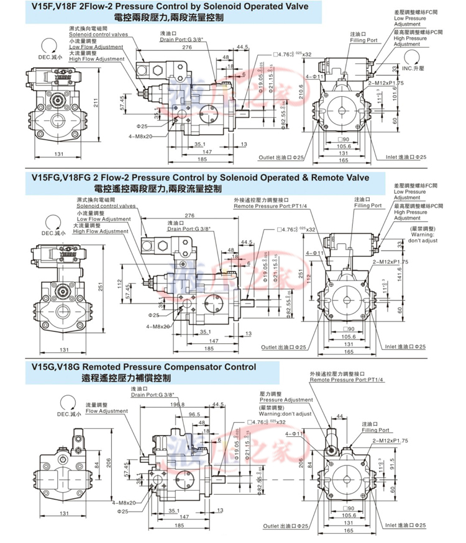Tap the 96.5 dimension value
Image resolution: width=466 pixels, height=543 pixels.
(x=194, y=414)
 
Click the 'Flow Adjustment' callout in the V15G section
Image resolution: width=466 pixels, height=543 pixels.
(x=106, y=411)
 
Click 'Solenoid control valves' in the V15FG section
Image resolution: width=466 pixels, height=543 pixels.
(x=106, y=206)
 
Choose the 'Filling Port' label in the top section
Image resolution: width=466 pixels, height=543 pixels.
(x=363, y=40)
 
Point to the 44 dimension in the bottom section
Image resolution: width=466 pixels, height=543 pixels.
(x=339, y=415)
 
